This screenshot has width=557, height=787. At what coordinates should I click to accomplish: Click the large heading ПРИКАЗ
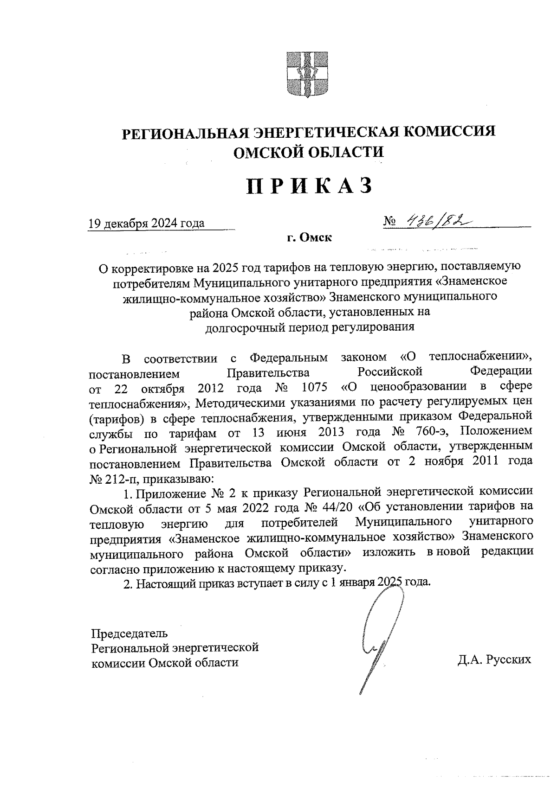click(310, 186)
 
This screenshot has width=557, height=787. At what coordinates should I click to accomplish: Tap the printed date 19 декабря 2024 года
click(147, 224)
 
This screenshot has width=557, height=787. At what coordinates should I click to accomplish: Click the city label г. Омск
click(309, 238)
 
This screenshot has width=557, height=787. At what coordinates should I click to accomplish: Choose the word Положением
click(496, 431)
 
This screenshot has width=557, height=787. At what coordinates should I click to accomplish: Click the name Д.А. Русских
click(494, 660)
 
